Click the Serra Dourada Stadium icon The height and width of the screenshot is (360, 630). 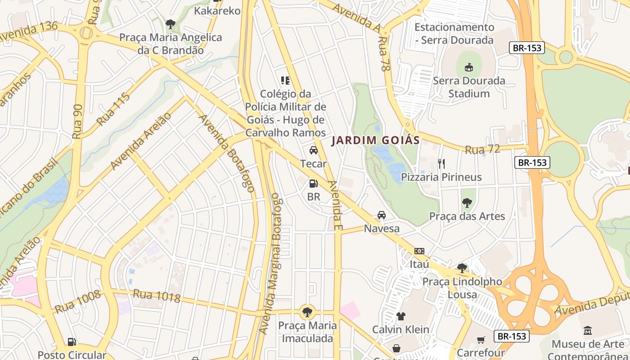469,67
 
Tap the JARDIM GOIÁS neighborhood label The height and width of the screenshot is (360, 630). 376,140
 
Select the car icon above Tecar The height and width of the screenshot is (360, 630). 313,150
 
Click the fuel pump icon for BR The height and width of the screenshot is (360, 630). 313,184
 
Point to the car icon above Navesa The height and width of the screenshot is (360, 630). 382,215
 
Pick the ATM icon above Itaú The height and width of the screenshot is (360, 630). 419,251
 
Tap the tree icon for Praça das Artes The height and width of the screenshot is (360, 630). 467,203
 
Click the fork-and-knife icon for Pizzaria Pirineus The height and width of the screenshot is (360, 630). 441,164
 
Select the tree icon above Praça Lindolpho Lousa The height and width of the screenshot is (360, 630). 462,269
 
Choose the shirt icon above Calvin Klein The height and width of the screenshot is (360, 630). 400,316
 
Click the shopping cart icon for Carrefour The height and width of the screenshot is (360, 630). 481,340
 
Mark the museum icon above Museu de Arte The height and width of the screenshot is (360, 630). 587,331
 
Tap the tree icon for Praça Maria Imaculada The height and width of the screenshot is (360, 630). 307,311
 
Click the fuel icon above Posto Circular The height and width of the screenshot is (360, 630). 72,342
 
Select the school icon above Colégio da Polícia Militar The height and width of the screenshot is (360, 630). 285,81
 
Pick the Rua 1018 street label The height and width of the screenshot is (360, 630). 157,296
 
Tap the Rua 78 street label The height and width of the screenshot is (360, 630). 384,54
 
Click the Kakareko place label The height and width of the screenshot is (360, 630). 217,11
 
